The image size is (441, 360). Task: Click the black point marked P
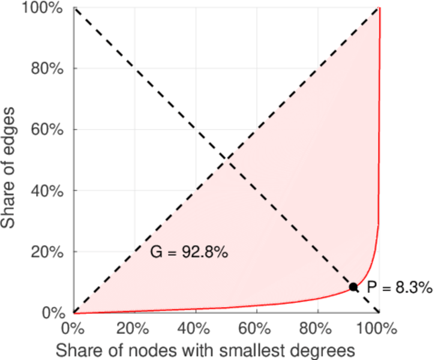(353, 287)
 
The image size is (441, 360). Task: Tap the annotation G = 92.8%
(188, 253)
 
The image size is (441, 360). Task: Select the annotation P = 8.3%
(399, 288)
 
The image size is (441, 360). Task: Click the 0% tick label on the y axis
(53, 313)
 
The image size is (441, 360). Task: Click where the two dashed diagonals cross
(226, 160)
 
